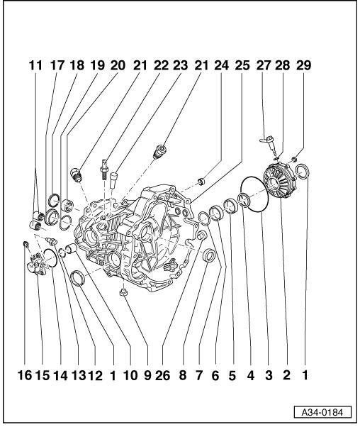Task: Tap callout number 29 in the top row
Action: click(x=303, y=65)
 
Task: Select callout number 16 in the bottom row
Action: click(x=25, y=375)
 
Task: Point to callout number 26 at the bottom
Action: click(x=162, y=375)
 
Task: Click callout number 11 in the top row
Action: click(x=36, y=65)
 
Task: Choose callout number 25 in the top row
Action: click(x=242, y=65)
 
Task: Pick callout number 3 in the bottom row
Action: click(x=269, y=375)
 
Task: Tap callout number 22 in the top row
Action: click(x=161, y=65)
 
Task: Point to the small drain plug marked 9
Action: click(x=123, y=292)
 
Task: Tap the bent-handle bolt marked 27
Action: click(x=269, y=143)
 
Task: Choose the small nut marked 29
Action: click(x=293, y=158)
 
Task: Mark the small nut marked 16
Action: click(x=26, y=244)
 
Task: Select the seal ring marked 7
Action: click(x=210, y=255)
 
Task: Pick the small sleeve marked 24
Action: click(x=202, y=181)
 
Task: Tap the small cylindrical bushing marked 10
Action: click(x=72, y=248)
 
